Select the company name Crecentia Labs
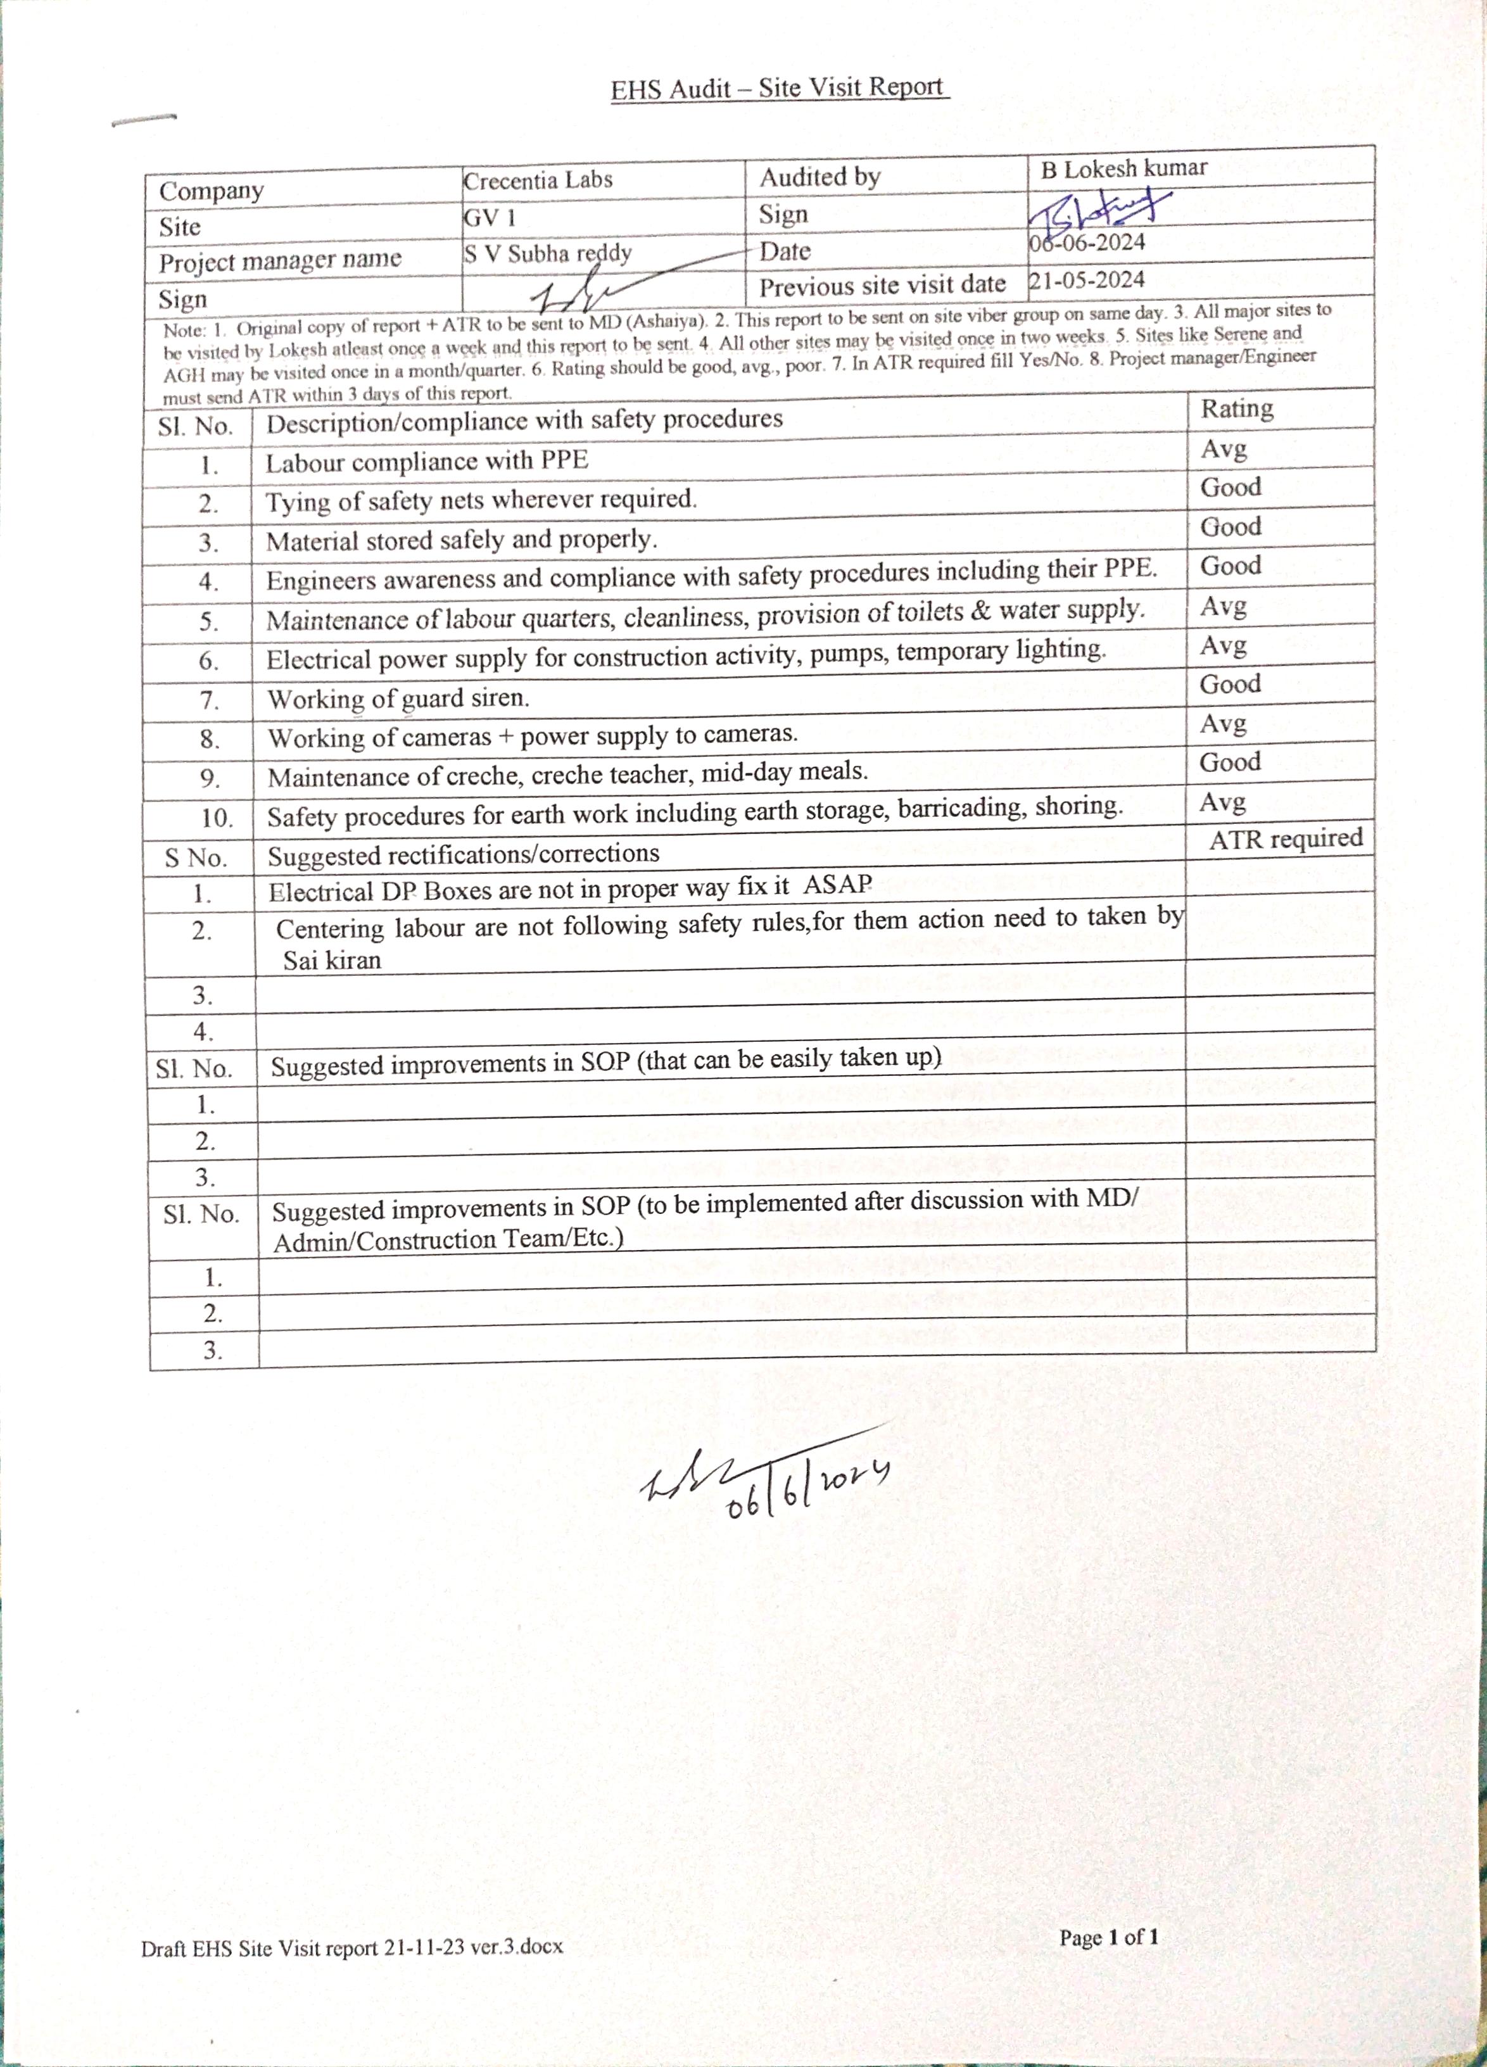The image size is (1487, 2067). point(538,180)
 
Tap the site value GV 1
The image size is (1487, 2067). point(490,218)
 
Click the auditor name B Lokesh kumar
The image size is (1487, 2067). point(1123,168)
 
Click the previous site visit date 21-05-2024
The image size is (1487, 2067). point(1086,281)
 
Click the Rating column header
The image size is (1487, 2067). point(1236,408)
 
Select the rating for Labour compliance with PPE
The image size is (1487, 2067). point(1223,448)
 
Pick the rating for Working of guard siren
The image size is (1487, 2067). point(1229,683)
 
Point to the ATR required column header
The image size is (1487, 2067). point(1285,838)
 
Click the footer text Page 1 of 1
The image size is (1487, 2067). point(1108,1937)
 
